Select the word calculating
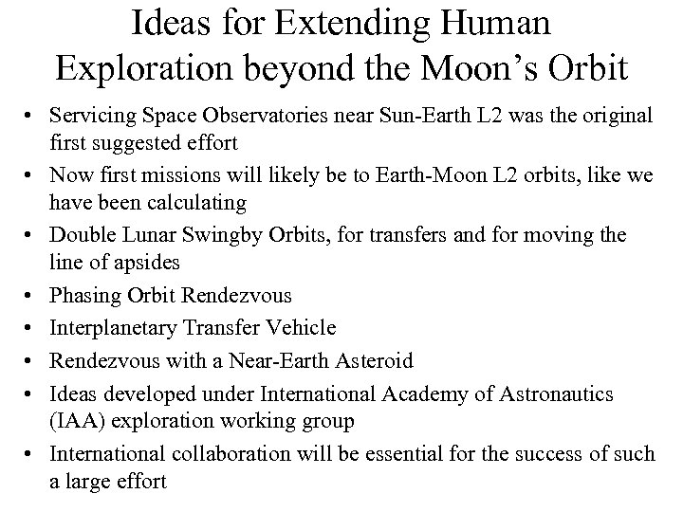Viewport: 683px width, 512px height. tap(200, 201)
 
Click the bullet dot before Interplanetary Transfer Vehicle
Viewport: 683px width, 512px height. tap(34, 328)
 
